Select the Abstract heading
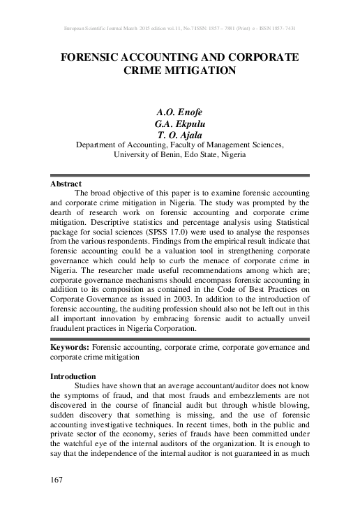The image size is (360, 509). point(66,184)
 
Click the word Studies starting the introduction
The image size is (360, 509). point(89,386)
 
